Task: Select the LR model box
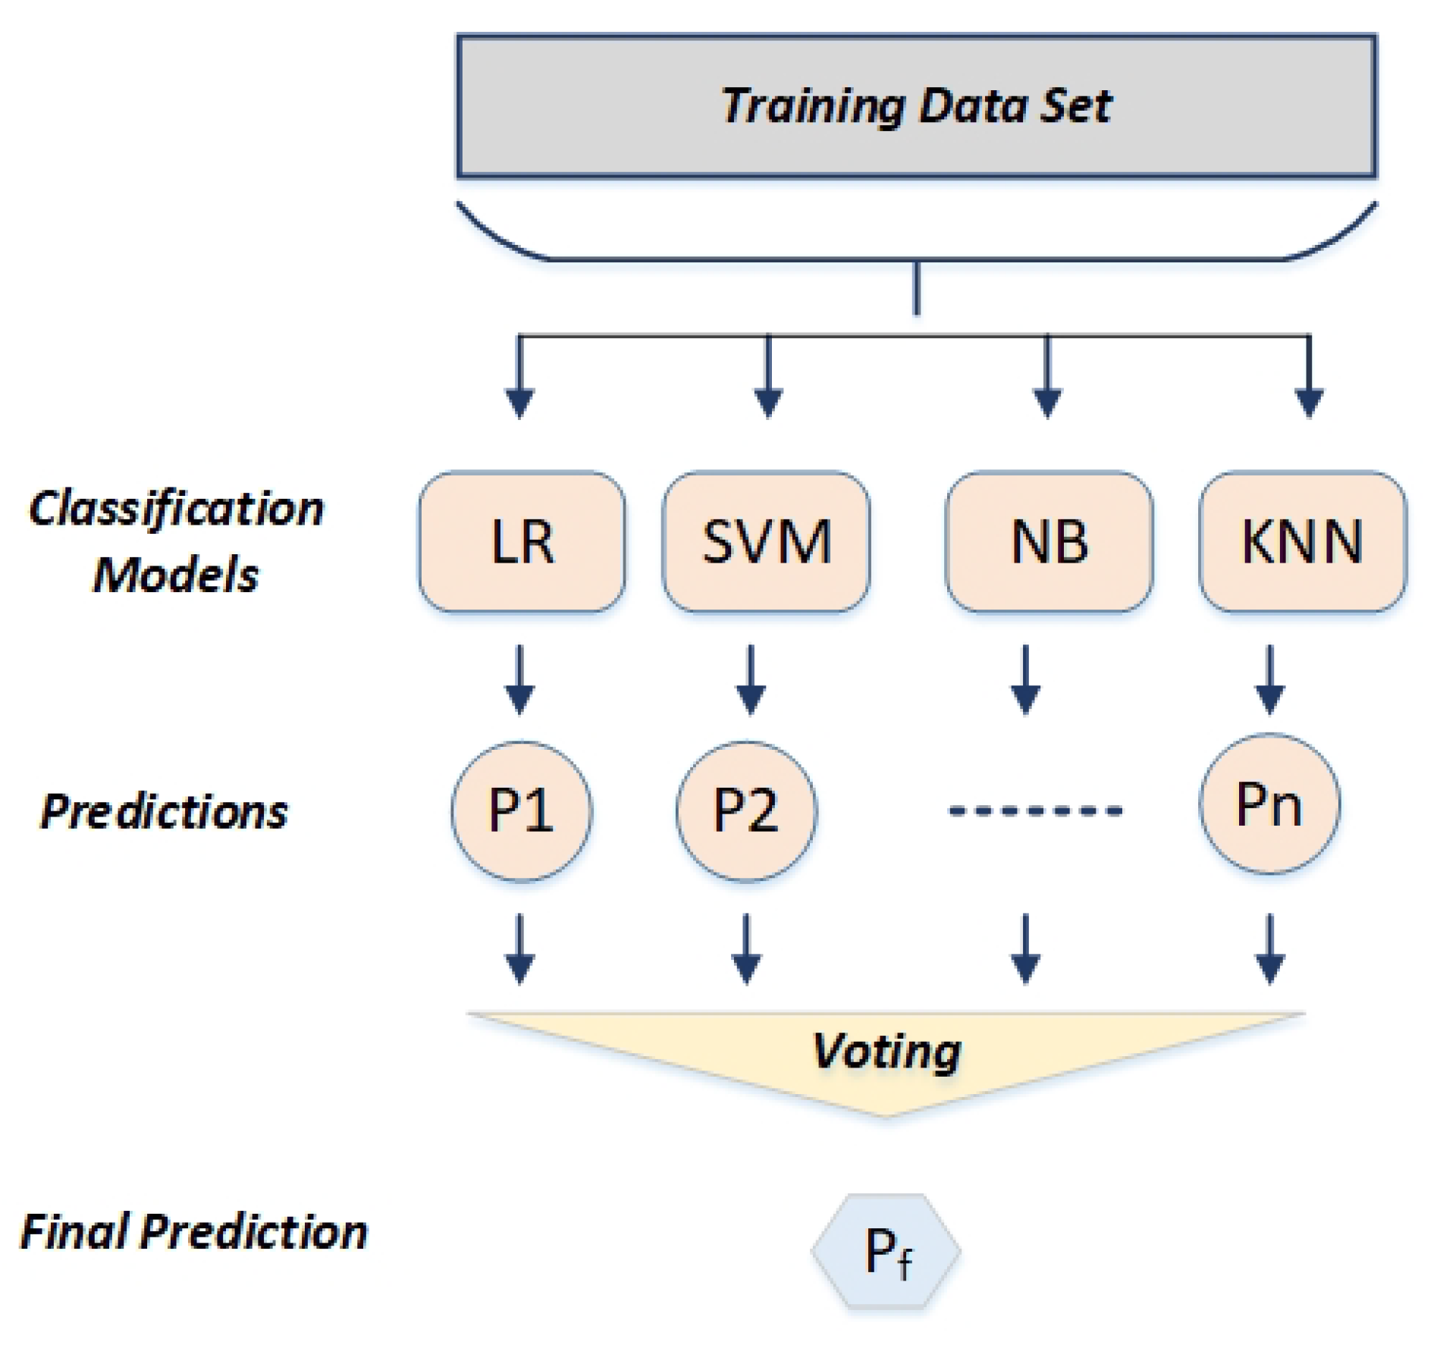click(522, 541)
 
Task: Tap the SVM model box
click(766, 541)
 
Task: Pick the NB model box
click(1049, 541)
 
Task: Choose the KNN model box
click(1301, 541)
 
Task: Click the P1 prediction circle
click(521, 810)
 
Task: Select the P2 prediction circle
click(746, 810)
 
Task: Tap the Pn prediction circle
click(1269, 804)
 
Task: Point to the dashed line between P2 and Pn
click(1035, 811)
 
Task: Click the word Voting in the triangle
click(886, 1052)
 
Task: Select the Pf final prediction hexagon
click(886, 1251)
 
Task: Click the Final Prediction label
click(193, 1231)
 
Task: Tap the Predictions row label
click(164, 811)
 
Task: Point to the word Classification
click(176, 508)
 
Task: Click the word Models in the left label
click(176, 574)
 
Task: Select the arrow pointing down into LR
click(519, 379)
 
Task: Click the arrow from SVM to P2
click(750, 680)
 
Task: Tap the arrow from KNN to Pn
click(1269, 680)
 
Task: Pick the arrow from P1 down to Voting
click(519, 949)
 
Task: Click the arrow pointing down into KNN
click(1309, 379)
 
